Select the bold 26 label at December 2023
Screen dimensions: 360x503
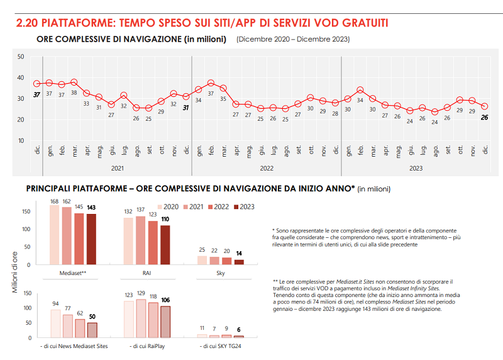pyautogui.click(x=485, y=117)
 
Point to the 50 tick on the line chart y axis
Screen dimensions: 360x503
pyautogui.click(x=21, y=57)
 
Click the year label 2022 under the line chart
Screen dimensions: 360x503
pyautogui.click(x=267, y=168)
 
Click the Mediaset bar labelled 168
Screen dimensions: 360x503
pyautogui.click(x=55, y=238)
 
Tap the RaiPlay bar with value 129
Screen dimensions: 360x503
pyautogui.click(x=141, y=318)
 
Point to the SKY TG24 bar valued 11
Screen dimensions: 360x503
pyautogui.click(x=202, y=336)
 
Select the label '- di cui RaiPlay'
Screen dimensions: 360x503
pyautogui.click(x=146, y=346)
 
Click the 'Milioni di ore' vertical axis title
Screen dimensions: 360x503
pyautogui.click(x=14, y=271)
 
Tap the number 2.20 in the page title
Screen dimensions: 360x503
pyautogui.click(x=26, y=23)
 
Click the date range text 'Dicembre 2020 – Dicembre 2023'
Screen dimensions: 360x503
pyautogui.click(x=293, y=39)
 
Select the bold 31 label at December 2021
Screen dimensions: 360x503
pyautogui.click(x=185, y=107)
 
